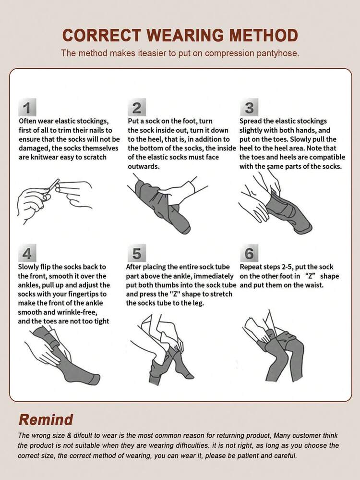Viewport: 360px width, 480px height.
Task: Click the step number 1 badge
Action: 27,107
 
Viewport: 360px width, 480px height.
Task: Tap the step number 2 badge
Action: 137,107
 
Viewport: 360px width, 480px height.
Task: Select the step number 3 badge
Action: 249,107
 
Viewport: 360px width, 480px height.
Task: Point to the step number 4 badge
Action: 27,253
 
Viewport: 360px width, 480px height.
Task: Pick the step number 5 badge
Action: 137,253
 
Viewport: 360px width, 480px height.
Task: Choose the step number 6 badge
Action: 249,253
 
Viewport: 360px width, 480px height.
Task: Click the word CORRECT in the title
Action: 101,35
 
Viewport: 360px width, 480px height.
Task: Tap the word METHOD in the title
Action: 264,35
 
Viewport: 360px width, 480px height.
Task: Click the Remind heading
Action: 46,419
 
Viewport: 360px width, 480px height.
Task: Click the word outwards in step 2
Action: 144,167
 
